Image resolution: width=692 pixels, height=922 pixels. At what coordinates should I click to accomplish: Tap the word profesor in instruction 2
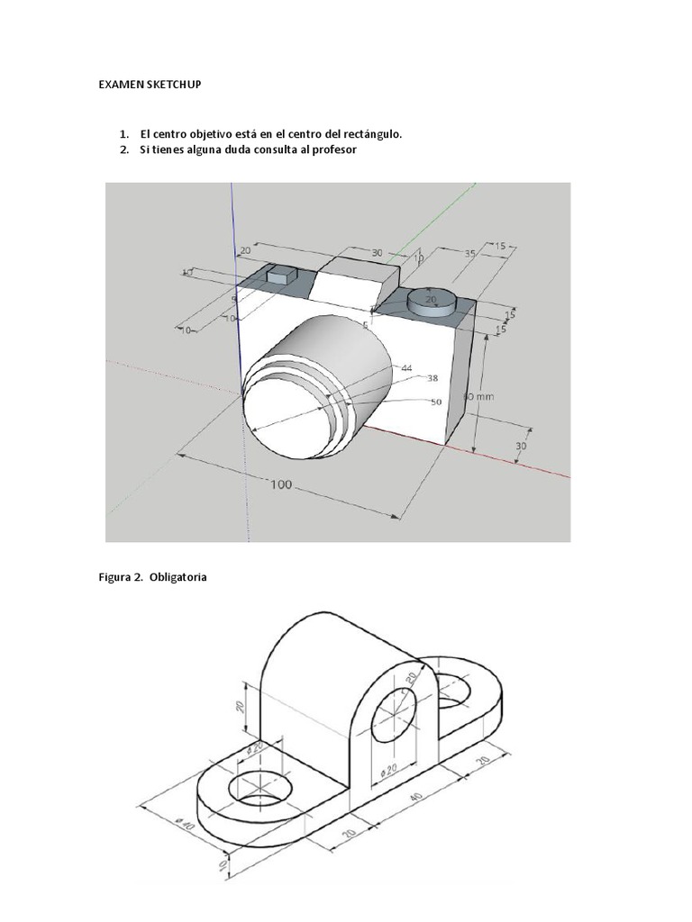332,149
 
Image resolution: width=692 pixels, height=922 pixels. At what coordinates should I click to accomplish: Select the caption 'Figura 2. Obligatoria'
152,577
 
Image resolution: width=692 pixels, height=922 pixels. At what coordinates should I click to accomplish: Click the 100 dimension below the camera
282,485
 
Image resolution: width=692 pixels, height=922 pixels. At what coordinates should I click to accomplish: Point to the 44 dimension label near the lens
406,368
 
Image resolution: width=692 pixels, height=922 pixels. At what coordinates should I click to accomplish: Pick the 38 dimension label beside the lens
432,379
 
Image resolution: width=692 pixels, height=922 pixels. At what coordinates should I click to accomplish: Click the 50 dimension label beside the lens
435,402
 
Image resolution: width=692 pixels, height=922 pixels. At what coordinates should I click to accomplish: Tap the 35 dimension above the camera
469,255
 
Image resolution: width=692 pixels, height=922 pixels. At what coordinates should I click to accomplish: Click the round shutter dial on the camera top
432,301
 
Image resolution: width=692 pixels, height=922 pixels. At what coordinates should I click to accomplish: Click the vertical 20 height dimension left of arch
241,704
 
